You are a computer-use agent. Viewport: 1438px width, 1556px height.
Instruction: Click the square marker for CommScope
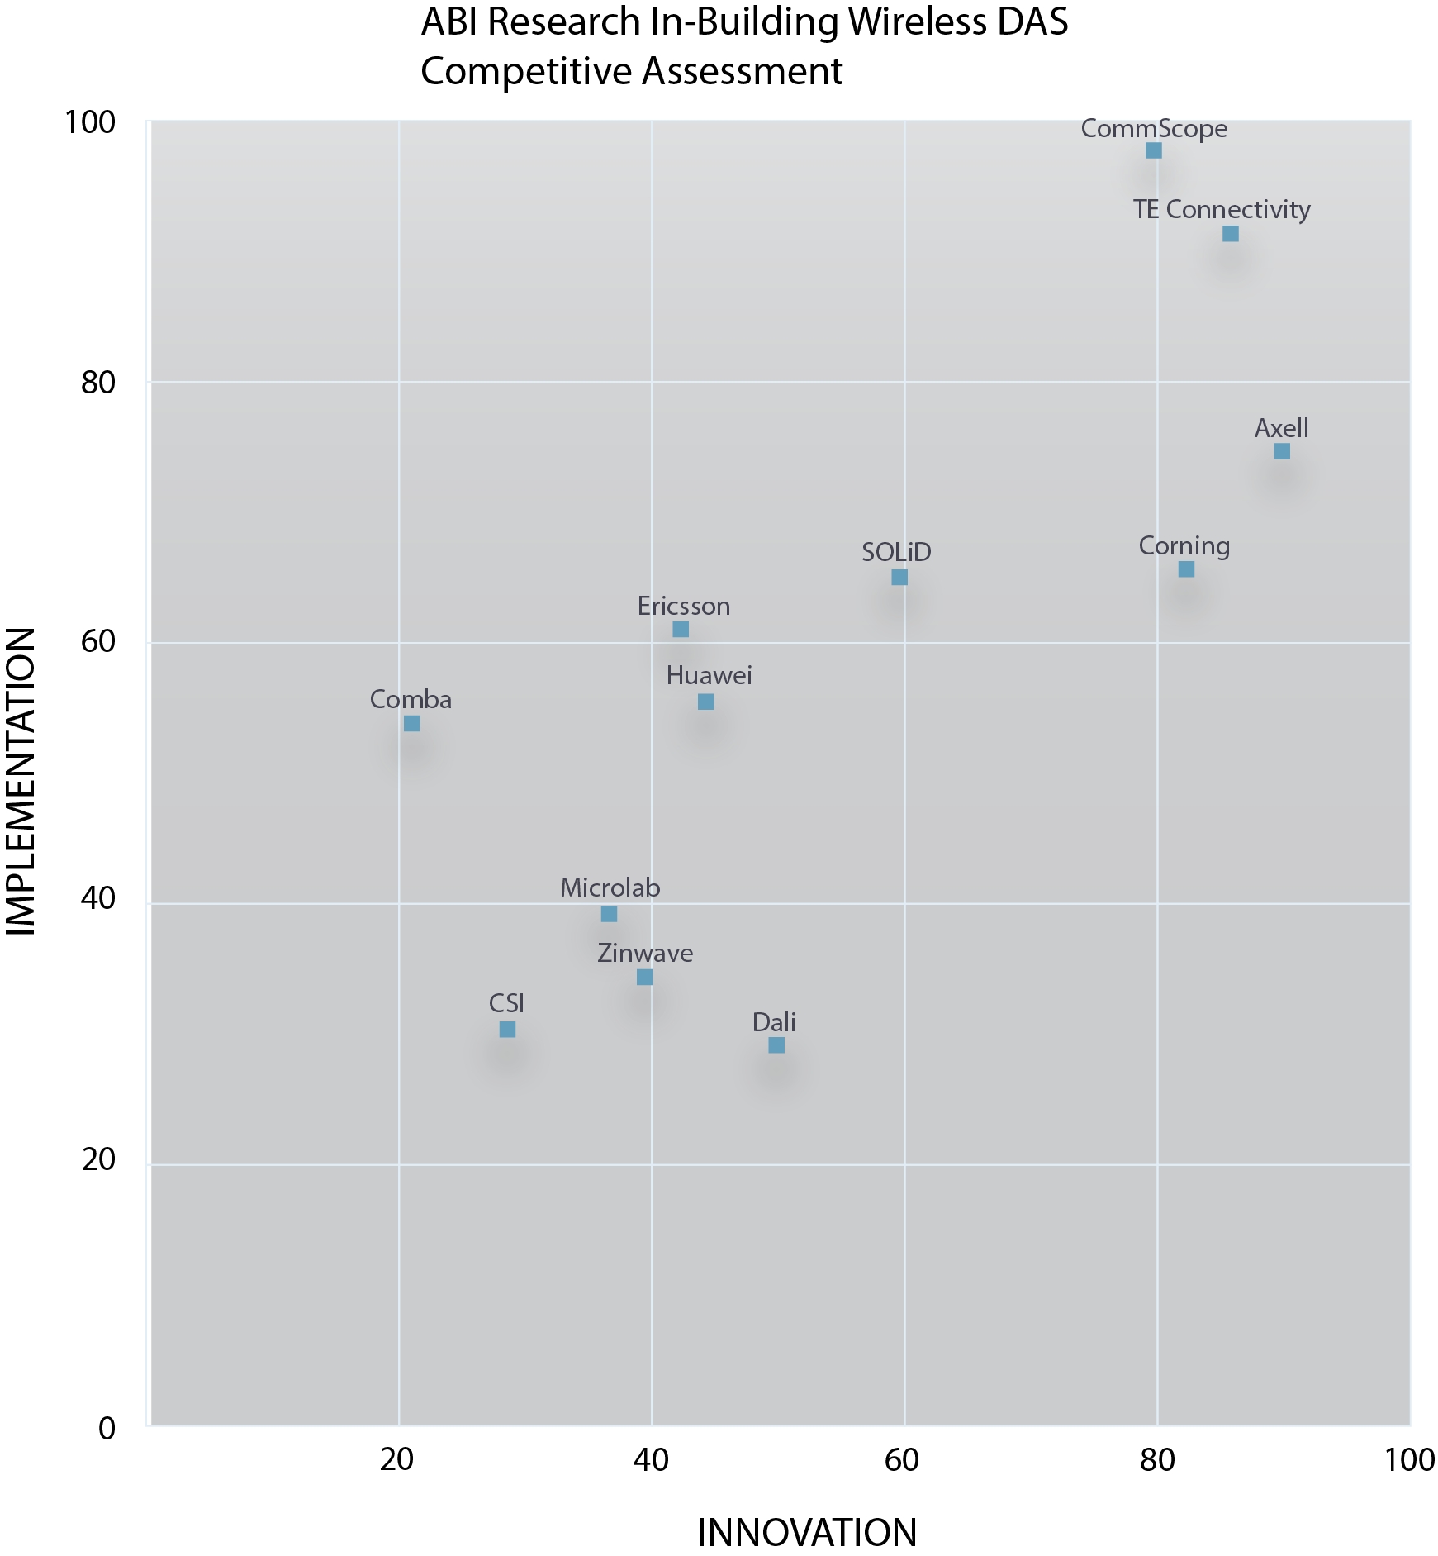[1154, 150]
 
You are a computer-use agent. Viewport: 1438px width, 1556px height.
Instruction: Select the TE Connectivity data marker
[1230, 234]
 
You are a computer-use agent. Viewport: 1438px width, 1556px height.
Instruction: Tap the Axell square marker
[1282, 451]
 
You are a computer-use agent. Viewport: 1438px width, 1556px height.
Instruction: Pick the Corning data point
[1186, 569]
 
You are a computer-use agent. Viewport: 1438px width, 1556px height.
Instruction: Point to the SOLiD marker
[899, 577]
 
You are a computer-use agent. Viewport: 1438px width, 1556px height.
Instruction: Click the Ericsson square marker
[681, 630]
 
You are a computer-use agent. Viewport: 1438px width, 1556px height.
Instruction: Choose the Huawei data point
[706, 702]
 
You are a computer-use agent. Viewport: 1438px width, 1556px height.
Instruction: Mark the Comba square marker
[412, 724]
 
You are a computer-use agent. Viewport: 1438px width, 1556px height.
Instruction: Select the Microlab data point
[609, 914]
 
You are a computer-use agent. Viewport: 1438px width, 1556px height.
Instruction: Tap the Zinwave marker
[645, 978]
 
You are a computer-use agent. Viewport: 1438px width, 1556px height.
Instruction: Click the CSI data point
[508, 1030]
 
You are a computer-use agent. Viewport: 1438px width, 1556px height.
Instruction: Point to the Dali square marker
[776, 1045]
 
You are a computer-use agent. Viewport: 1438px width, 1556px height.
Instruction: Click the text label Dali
[774, 1022]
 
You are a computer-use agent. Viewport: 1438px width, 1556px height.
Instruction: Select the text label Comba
[411, 700]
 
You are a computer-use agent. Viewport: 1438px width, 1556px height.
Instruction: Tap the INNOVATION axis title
[807, 1533]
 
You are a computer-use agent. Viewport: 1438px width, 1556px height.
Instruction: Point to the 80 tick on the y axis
[97, 383]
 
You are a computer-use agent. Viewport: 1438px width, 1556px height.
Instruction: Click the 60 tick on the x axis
[902, 1460]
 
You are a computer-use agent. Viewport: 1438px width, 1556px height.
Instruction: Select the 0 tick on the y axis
[107, 1428]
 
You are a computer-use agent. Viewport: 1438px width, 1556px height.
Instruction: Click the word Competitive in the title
[526, 72]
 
